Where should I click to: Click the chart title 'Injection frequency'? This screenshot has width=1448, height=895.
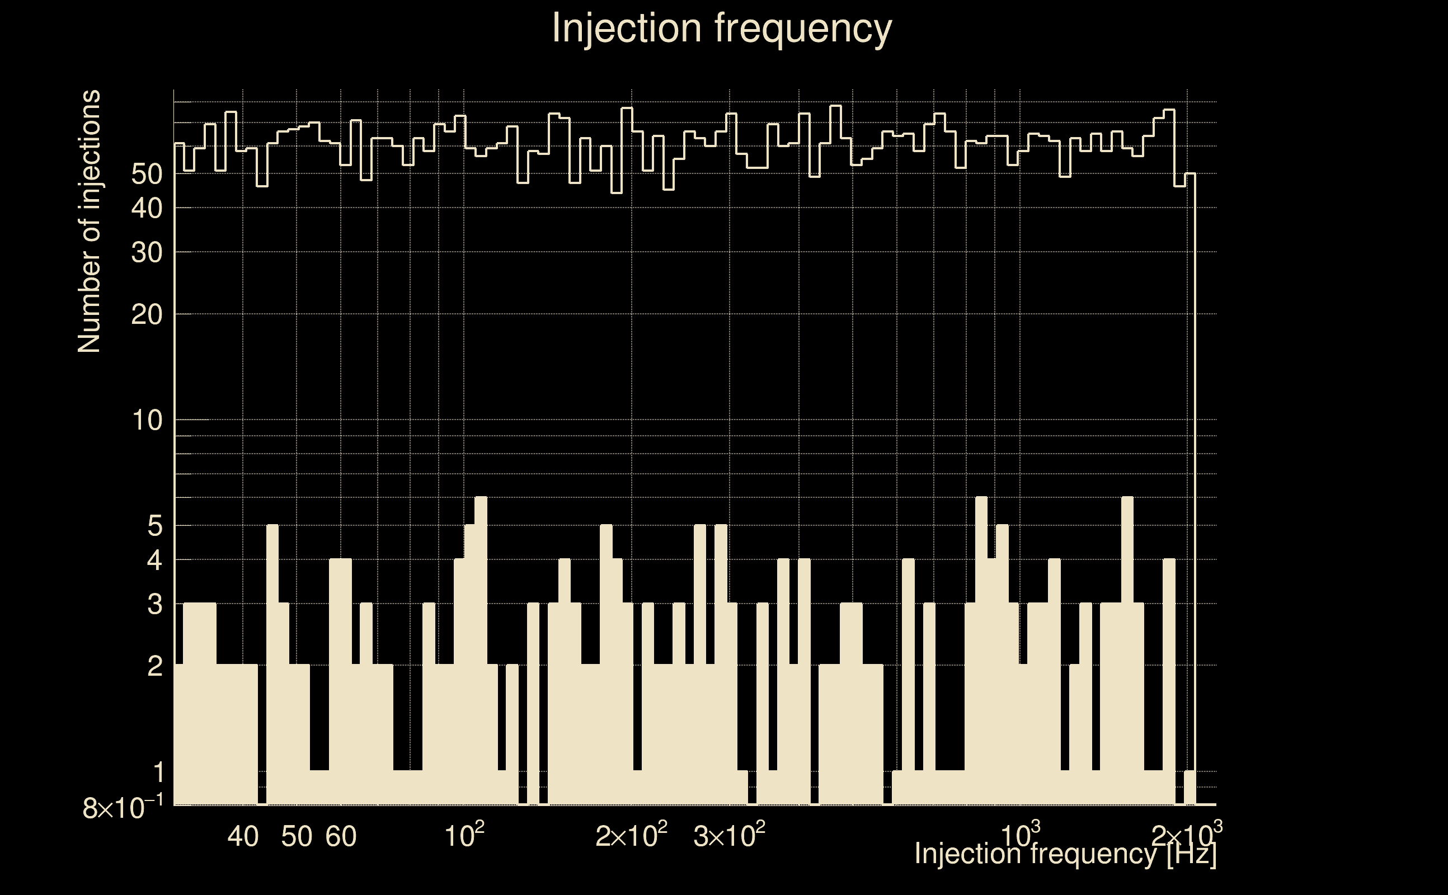[722, 28]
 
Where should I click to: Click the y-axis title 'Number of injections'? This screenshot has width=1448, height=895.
[90, 222]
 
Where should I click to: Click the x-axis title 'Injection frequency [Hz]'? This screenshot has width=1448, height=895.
[1065, 854]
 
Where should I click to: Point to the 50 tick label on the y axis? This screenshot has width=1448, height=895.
[147, 175]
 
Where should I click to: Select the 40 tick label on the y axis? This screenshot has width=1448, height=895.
[147, 208]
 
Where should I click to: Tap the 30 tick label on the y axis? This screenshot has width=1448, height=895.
[147, 253]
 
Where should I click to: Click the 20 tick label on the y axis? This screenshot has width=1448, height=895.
[147, 315]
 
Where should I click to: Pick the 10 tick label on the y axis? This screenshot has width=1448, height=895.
[147, 421]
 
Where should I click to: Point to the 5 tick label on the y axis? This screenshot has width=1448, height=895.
[154, 526]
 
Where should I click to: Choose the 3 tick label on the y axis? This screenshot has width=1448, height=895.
[154, 604]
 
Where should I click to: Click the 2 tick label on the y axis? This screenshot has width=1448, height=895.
[154, 667]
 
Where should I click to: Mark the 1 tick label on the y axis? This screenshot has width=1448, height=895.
[157, 772]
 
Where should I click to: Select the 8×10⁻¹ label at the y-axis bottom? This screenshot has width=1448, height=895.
[123, 808]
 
